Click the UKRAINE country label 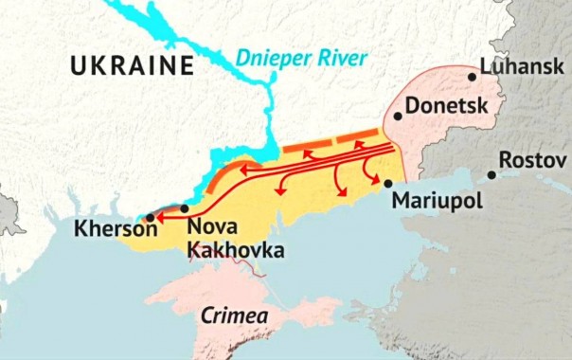130,66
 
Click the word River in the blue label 341,59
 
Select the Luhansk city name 522,66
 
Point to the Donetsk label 446,105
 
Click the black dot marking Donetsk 398,117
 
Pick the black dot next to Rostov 492,174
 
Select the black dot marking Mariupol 387,183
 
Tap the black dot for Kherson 150,218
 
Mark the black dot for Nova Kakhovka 185,208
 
